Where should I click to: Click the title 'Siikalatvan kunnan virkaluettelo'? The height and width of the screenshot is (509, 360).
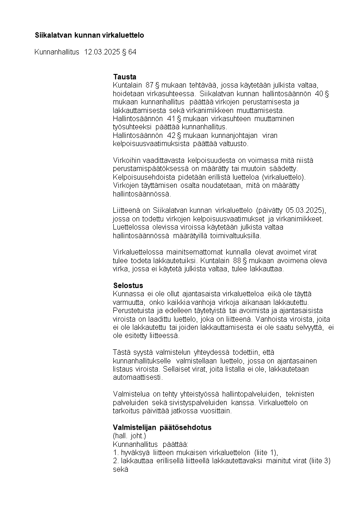coord(89,35)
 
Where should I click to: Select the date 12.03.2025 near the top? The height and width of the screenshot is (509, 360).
coord(102,52)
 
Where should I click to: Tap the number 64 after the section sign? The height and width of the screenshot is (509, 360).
coord(132,52)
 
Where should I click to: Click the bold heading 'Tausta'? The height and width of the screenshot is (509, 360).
coord(125,77)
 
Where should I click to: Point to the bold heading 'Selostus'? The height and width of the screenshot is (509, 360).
coord(128,285)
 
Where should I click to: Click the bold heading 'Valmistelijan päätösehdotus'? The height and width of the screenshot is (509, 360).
coord(162,427)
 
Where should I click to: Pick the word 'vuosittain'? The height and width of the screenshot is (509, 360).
coord(216,411)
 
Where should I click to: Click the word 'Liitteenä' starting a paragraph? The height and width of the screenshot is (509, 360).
coord(127,211)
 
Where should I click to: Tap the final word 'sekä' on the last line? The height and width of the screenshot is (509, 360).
coord(120,470)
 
